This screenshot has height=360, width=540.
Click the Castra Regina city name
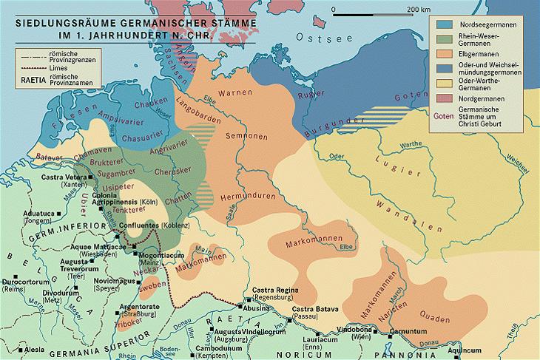[x=271, y=291]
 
